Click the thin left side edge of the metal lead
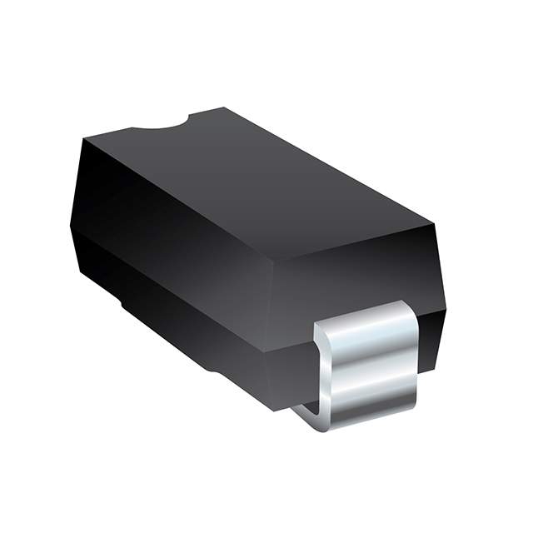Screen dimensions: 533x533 (x=319, y=375)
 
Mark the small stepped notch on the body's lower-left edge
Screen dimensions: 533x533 (x=125, y=305)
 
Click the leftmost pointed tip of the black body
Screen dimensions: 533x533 (x=71, y=223)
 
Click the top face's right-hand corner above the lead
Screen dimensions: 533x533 (x=433, y=223)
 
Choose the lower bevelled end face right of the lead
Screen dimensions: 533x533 (x=429, y=341)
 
